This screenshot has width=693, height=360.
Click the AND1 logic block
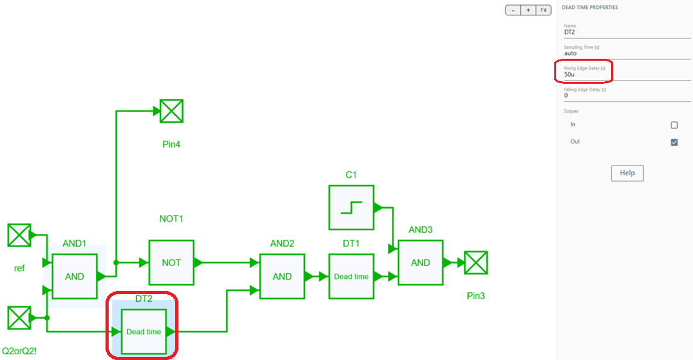pyautogui.click(x=74, y=276)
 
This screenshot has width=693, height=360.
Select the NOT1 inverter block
pyautogui.click(x=171, y=262)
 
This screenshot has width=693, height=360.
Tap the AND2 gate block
pyautogui.click(x=282, y=276)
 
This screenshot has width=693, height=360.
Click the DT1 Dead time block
pyautogui.click(x=351, y=276)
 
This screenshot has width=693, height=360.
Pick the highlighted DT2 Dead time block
pyautogui.click(x=144, y=331)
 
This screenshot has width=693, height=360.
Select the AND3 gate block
pyautogui.click(x=420, y=262)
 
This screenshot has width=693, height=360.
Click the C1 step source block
pyautogui.click(x=351, y=207)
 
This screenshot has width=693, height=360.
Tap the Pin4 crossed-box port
pyautogui.click(x=171, y=111)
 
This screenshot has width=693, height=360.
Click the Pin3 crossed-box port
pyautogui.click(x=476, y=262)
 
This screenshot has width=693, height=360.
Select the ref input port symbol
pyautogui.click(x=19, y=235)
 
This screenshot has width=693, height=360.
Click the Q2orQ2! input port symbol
pyautogui.click(x=19, y=317)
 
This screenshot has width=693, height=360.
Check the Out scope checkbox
pyautogui.click(x=674, y=142)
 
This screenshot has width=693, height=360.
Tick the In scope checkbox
pyautogui.click(x=674, y=125)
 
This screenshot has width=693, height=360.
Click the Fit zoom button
pyautogui.click(x=543, y=10)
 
